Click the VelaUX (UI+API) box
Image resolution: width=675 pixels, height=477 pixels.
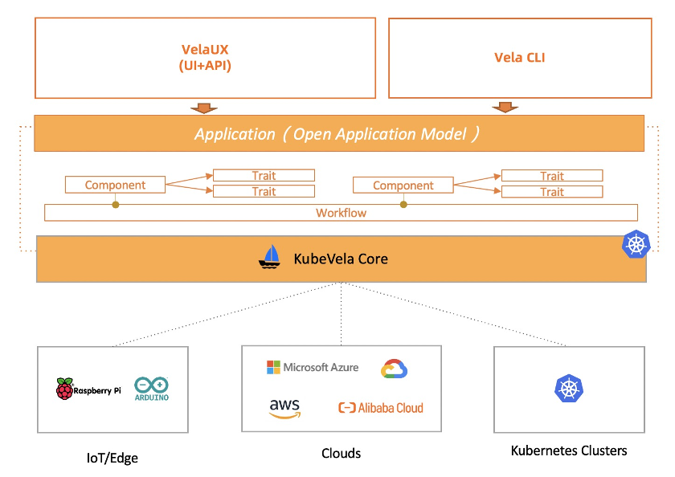[x=205, y=58]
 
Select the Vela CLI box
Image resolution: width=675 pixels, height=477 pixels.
[x=519, y=58]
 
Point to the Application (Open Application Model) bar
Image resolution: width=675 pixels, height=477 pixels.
[x=338, y=133]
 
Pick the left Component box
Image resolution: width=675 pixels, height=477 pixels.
[x=115, y=185]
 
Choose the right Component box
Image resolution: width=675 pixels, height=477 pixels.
[x=403, y=185]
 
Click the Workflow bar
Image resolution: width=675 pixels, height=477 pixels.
[x=341, y=213]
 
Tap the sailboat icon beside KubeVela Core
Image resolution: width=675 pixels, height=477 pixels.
[x=271, y=257]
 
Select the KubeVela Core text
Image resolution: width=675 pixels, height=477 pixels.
[x=341, y=259]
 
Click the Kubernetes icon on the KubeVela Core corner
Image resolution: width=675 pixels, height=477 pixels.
[x=636, y=245]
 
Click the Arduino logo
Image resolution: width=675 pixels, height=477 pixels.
[x=152, y=389]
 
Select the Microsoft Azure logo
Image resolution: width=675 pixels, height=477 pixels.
[x=313, y=367]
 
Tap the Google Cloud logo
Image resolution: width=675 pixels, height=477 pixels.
[x=395, y=369]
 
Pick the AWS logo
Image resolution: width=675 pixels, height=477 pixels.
[x=284, y=409]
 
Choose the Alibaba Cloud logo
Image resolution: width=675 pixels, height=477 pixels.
[x=381, y=408]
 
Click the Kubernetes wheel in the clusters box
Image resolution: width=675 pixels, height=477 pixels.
[x=568, y=389]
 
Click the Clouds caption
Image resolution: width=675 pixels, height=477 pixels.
[x=341, y=454]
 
